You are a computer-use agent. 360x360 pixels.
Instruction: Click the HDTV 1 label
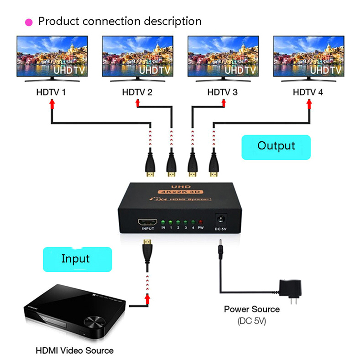click(51, 93)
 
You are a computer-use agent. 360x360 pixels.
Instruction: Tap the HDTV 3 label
click(222, 93)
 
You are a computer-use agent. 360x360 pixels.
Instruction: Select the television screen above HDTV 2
click(137, 57)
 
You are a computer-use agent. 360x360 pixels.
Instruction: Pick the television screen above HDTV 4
click(308, 57)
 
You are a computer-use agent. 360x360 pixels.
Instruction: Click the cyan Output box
click(276, 147)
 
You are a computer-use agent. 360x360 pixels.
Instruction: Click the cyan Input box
click(75, 259)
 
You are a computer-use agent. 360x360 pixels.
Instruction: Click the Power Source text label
click(252, 310)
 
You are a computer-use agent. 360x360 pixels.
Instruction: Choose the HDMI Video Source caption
click(75, 350)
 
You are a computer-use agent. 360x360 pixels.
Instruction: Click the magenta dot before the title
click(29, 22)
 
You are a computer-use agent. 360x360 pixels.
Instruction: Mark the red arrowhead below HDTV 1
click(52, 104)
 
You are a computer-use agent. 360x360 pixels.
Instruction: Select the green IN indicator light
click(163, 223)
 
